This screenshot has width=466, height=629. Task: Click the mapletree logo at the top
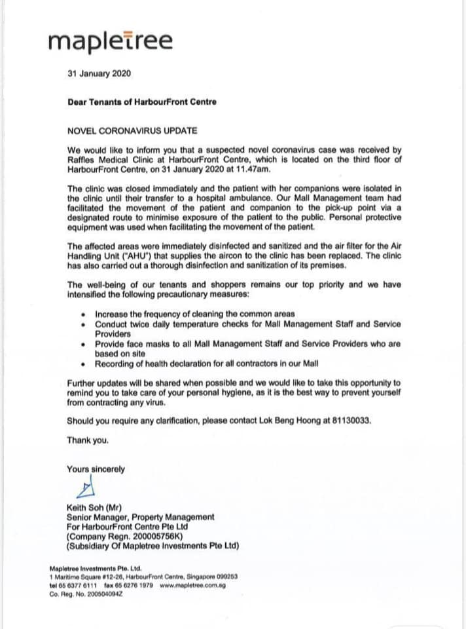(111, 41)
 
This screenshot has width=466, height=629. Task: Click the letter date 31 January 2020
(99, 73)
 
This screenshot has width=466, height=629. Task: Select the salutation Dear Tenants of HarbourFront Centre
(142, 102)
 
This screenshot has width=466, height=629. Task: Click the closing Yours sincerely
(96, 469)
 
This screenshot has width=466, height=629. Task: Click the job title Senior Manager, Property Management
(140, 517)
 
